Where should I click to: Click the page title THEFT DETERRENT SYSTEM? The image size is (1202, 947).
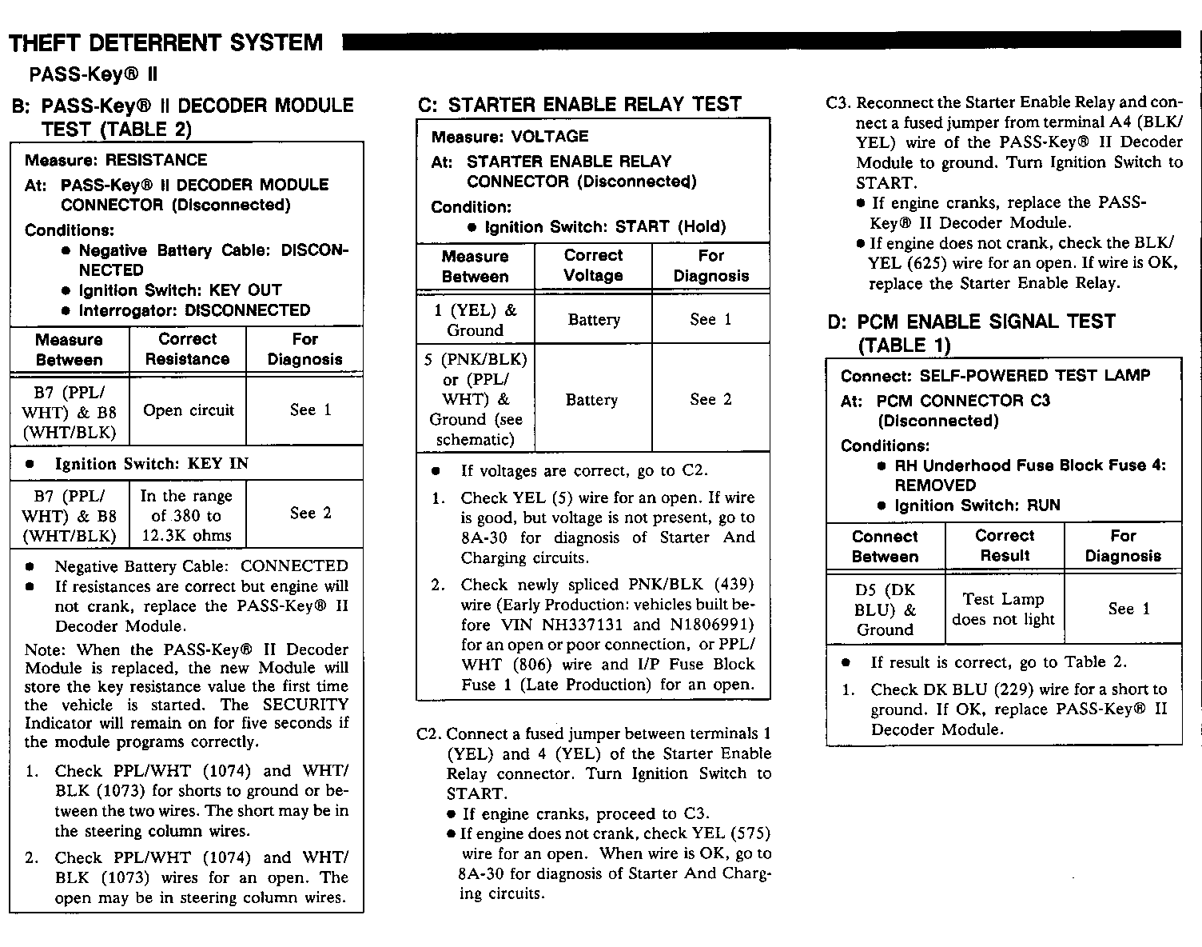tap(165, 42)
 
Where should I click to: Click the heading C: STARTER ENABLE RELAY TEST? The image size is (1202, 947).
tap(579, 104)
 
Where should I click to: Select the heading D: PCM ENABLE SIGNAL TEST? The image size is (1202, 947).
tap(971, 322)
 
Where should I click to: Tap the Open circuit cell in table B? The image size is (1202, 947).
tap(189, 410)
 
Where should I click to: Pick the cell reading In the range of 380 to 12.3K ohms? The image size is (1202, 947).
tap(186, 515)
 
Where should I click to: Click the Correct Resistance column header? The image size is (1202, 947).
tap(187, 350)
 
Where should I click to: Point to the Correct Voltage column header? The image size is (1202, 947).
tap(593, 266)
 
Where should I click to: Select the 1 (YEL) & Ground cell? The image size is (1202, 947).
tap(475, 319)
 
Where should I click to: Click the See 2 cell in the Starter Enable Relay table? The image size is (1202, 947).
tap(710, 399)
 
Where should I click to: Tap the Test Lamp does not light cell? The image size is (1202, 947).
tap(1004, 609)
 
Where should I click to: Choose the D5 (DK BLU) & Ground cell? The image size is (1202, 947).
tap(885, 609)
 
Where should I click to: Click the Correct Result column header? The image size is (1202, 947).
tap(1005, 545)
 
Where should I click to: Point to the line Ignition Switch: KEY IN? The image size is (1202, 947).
tap(151, 464)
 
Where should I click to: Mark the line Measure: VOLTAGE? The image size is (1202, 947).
tap(510, 137)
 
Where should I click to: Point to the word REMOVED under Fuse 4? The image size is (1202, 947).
tap(935, 485)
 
